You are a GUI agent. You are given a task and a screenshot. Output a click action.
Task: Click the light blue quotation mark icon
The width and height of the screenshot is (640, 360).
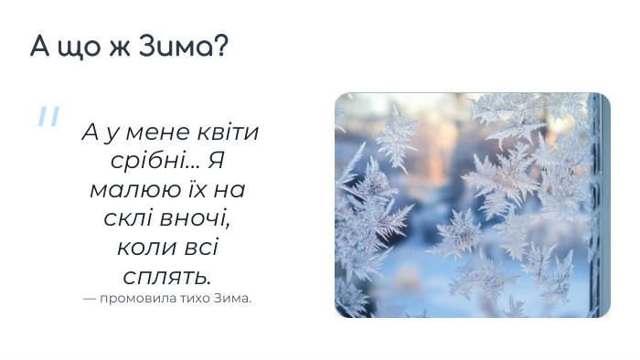pos(48,117)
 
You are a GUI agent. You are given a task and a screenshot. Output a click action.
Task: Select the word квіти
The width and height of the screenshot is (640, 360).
pos(229,132)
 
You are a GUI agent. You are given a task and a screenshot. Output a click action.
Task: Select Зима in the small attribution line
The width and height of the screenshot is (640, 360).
pos(234,299)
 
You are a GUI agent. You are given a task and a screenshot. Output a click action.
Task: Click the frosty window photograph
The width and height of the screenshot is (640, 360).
pos(472,205)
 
